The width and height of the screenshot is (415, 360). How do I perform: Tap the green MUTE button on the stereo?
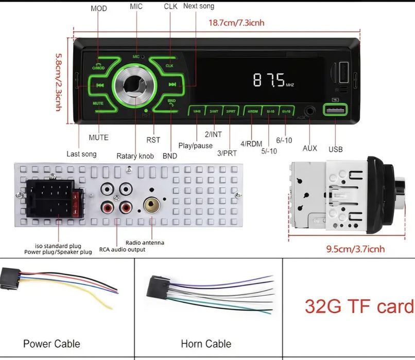[98, 103]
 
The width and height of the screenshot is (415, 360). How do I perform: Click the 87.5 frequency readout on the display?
[269, 80]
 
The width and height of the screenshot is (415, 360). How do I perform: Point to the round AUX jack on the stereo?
[310, 111]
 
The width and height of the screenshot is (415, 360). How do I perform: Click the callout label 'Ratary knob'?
[135, 156]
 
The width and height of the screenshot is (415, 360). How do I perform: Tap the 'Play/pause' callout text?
[196, 146]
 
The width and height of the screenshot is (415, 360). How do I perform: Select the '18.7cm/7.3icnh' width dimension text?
[236, 23]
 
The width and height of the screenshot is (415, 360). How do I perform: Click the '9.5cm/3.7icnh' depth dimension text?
[356, 249]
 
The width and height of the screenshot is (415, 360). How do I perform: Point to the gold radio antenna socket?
[151, 206]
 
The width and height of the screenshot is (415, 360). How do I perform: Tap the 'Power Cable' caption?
[51, 344]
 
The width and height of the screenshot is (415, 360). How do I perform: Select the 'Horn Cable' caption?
[206, 344]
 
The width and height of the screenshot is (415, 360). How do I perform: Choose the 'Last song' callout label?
[81, 154]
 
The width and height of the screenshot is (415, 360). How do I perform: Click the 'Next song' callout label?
[199, 6]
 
